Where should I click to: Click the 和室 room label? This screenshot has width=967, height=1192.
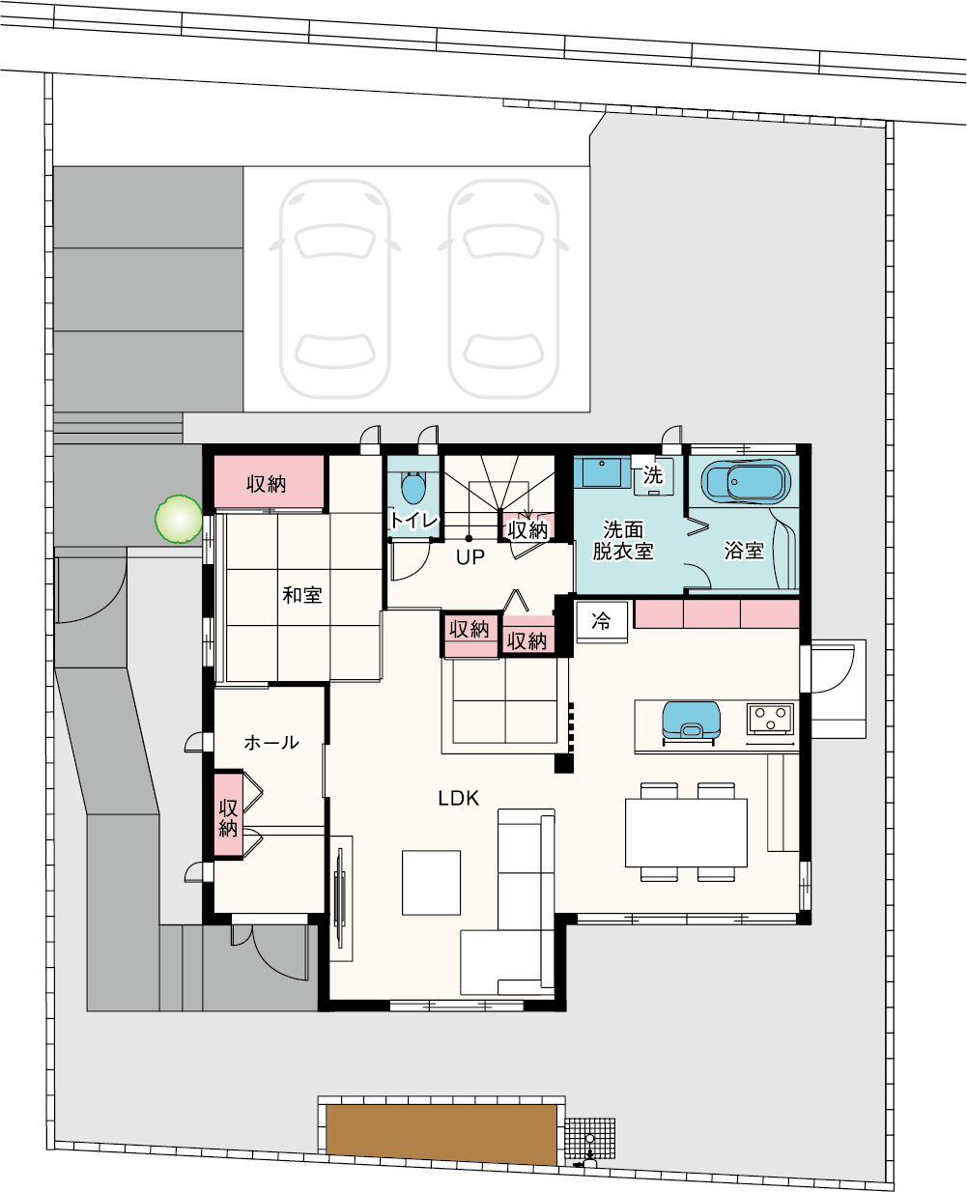point(302,595)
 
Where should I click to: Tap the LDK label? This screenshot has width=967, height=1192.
point(458,799)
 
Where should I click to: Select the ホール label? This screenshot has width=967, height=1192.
point(271,743)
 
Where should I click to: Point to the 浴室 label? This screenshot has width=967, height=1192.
point(744,550)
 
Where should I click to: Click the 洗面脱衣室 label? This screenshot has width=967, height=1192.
point(623,540)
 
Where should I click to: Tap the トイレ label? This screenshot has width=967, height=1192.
point(413,521)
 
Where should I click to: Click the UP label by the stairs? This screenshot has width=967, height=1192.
point(470,556)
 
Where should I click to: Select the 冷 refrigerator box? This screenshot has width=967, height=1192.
point(602,621)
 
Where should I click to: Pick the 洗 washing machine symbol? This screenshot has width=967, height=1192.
point(653,475)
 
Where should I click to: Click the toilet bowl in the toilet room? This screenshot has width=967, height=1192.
point(413,488)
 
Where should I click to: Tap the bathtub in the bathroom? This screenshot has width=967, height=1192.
point(746,482)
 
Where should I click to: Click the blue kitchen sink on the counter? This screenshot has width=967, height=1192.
point(691,721)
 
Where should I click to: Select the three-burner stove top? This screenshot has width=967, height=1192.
point(770,719)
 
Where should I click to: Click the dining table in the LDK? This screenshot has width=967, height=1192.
point(686,833)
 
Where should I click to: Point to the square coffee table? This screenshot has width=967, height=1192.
point(431,883)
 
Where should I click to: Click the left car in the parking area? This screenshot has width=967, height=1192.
point(334,289)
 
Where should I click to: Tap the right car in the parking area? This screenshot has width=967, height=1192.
point(503,289)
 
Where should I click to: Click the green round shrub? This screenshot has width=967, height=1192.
point(179,519)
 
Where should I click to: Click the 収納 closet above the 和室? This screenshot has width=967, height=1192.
point(269,482)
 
